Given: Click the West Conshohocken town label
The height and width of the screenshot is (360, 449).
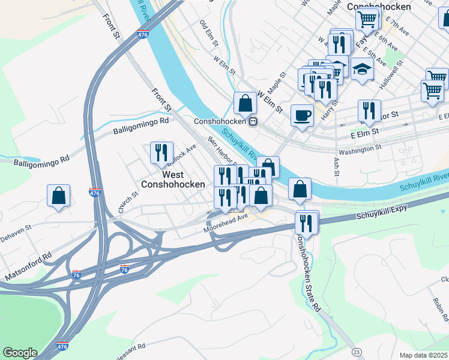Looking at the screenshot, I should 164,178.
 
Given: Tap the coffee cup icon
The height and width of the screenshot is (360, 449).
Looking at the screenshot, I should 302,114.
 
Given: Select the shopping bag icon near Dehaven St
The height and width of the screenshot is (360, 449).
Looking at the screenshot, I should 58,195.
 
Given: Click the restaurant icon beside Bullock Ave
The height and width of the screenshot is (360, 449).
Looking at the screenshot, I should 161,153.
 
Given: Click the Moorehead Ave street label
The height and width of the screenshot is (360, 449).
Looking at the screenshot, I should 226,224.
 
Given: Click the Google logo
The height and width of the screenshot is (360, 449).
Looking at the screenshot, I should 20,353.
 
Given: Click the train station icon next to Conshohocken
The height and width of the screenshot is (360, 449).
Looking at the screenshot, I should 254,121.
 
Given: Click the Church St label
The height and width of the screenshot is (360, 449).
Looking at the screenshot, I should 128,202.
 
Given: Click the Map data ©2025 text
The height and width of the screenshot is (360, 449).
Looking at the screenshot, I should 423,355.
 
